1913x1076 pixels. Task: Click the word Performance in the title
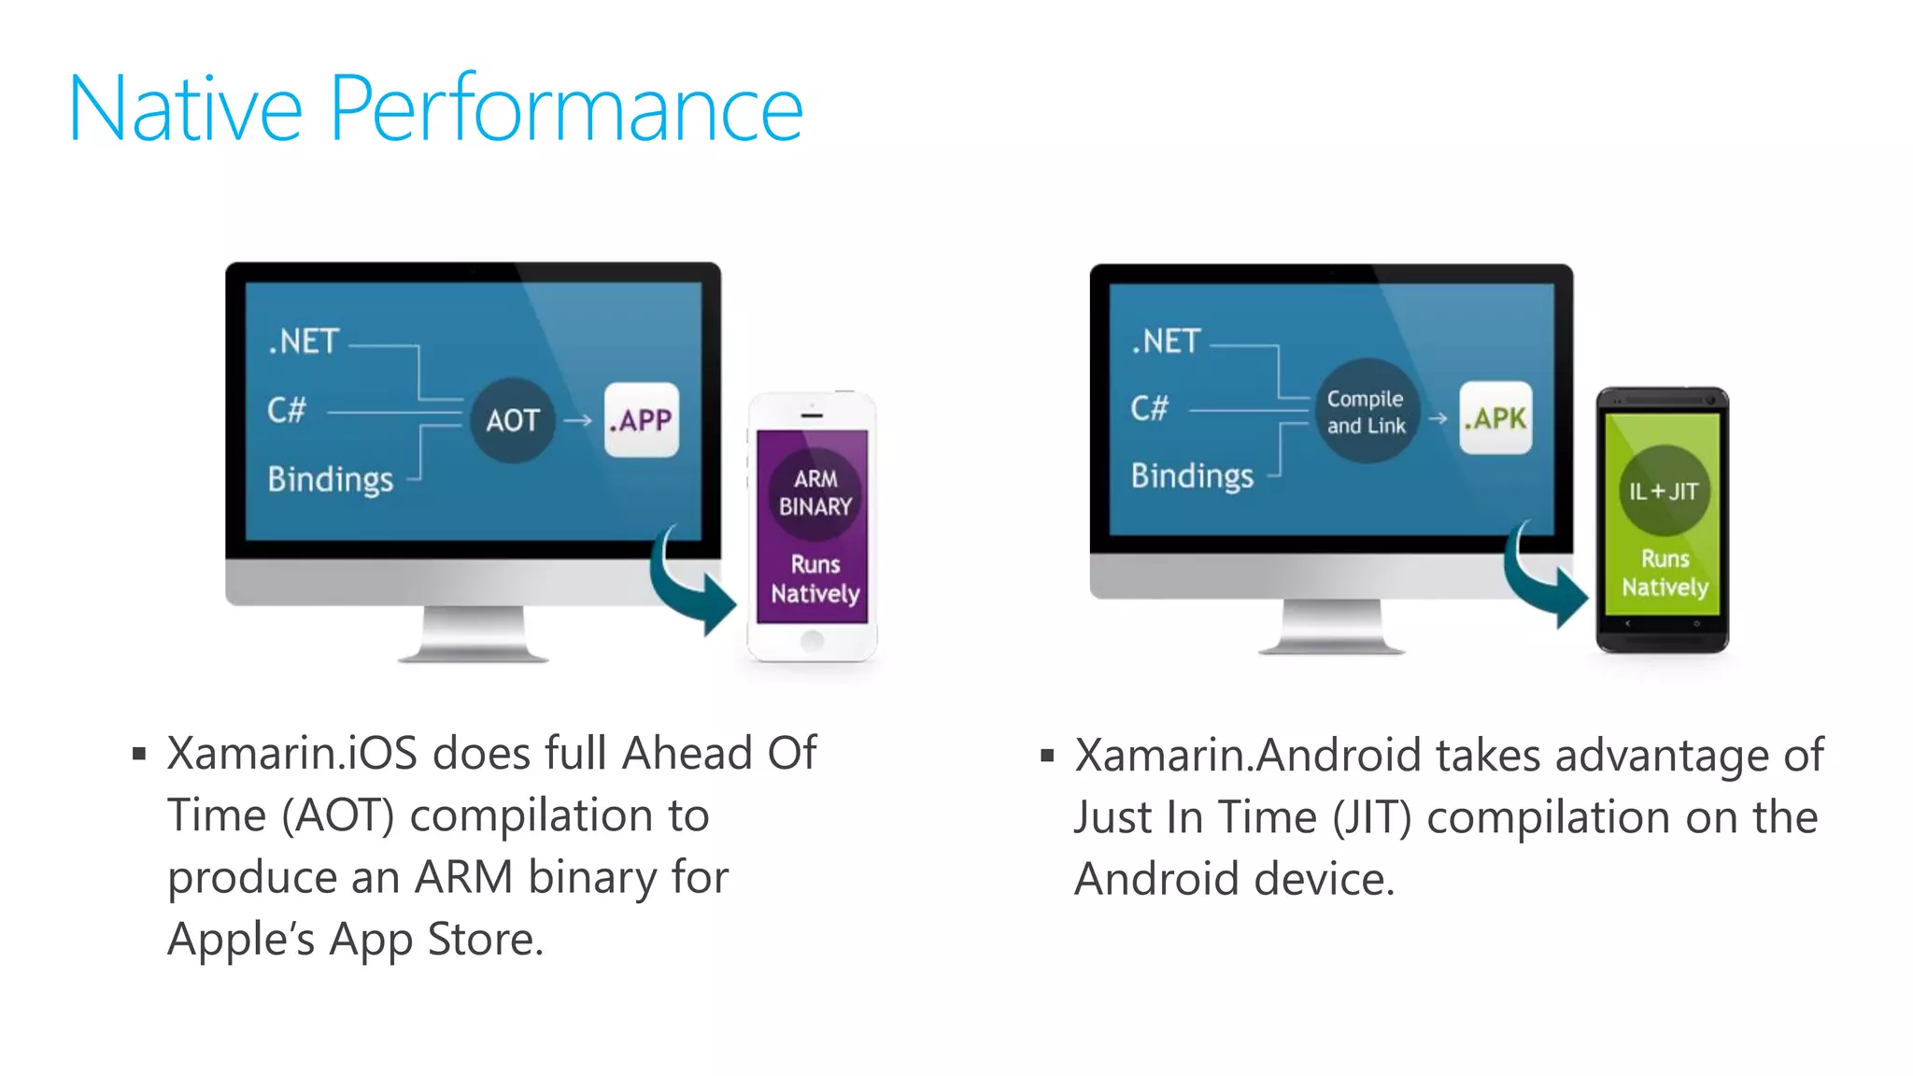[x=565, y=110]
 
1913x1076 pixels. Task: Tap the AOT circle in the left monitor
[x=513, y=420]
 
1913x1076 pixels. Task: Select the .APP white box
[x=641, y=419]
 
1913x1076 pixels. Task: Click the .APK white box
[x=1495, y=418]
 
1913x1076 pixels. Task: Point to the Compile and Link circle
[x=1367, y=412]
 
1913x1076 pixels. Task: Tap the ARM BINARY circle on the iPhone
[x=815, y=493]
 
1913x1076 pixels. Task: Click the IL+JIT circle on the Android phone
[x=1664, y=491]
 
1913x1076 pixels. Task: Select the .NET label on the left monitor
[x=304, y=342]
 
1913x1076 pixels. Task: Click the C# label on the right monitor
[x=1149, y=408]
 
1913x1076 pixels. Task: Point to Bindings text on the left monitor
[x=331, y=479]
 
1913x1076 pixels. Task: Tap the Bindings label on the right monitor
[x=1192, y=476]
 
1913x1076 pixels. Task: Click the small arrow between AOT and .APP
[x=578, y=420]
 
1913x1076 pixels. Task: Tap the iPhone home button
[x=813, y=641]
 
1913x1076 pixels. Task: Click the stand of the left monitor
[x=473, y=635]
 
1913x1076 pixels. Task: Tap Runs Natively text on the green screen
[x=1665, y=573]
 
